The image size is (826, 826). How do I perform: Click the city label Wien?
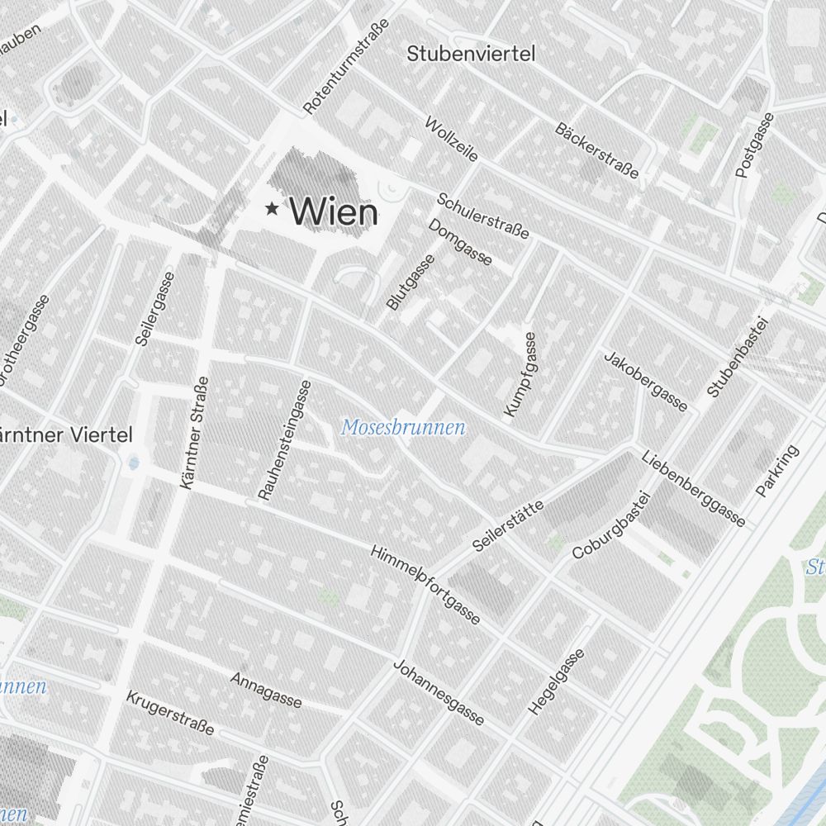(x=335, y=212)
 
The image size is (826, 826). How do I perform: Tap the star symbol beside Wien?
(x=271, y=209)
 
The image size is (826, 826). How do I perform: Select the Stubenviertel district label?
(x=471, y=55)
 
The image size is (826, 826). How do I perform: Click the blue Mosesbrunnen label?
(x=403, y=428)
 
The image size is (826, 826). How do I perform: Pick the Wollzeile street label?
(x=451, y=139)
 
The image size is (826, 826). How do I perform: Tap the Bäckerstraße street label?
(x=597, y=150)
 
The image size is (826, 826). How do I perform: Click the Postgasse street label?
(x=755, y=145)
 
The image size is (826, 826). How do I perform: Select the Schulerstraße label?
(x=483, y=216)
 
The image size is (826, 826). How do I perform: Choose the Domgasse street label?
(x=460, y=242)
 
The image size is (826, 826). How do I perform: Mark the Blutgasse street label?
(x=411, y=282)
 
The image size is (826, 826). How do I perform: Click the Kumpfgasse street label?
(x=520, y=374)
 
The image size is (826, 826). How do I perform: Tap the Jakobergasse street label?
(x=646, y=381)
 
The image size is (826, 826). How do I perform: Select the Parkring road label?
(x=778, y=472)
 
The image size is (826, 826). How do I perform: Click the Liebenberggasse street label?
(x=694, y=489)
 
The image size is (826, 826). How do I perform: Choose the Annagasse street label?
(x=267, y=690)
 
